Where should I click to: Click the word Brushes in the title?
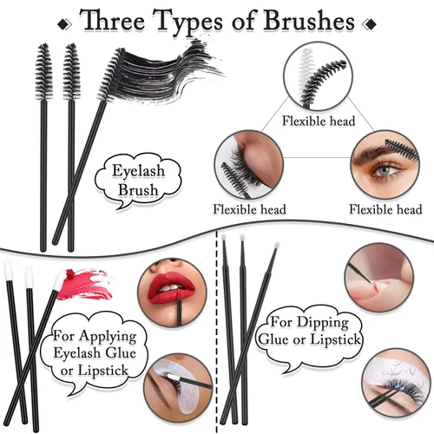tap(308, 21)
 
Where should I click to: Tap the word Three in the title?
tap(112, 20)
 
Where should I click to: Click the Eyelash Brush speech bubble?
tap(138, 181)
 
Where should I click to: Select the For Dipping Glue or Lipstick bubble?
tap(309, 336)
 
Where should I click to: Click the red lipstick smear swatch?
tap(84, 284)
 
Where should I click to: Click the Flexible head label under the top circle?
tap(319, 121)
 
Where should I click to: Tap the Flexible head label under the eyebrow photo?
tap(385, 209)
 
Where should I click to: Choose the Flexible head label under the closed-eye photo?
tap(249, 209)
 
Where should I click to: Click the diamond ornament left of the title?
tap(64, 24)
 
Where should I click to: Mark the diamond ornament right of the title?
tap(370, 24)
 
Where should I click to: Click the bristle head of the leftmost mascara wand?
tap(44, 72)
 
